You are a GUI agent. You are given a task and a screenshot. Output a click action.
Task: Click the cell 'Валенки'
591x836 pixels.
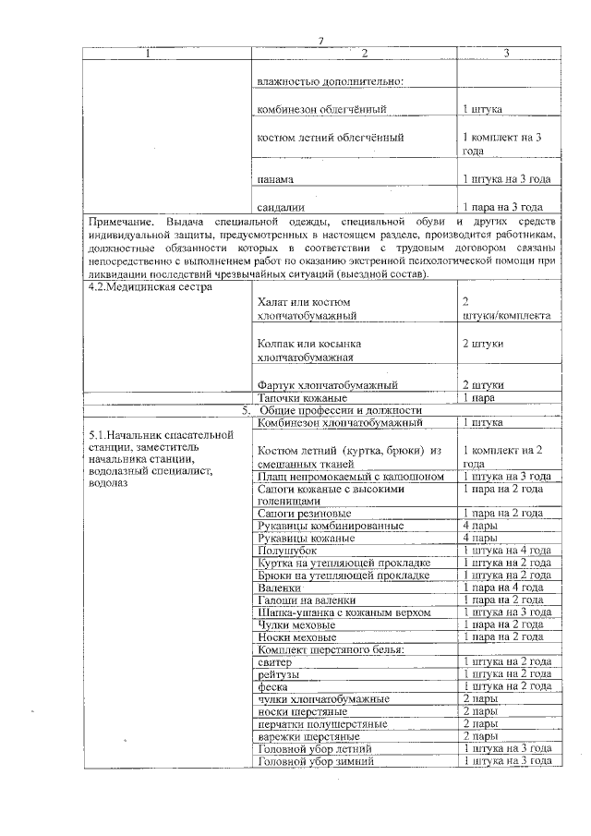[280, 587]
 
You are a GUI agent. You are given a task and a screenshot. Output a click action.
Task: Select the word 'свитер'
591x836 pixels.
[275, 661]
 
